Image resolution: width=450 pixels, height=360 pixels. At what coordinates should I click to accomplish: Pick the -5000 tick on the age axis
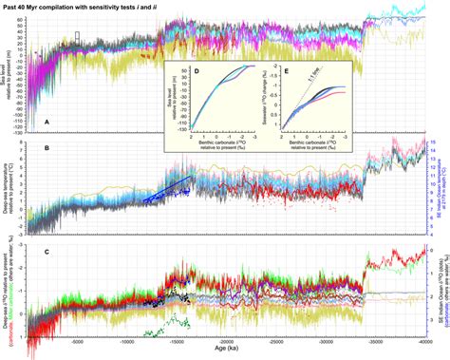pos(84,345)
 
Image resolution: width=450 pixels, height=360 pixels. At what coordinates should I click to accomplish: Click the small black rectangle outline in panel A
pos(77,36)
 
